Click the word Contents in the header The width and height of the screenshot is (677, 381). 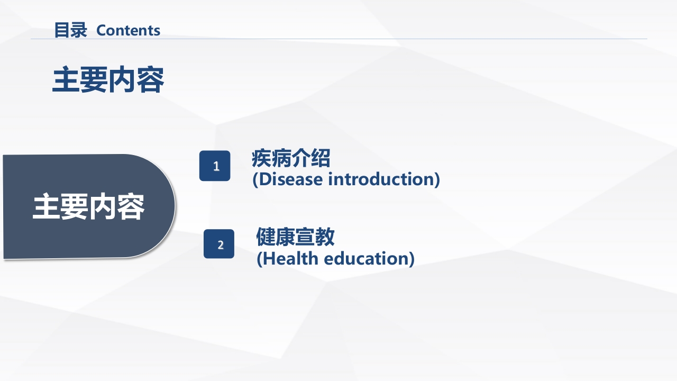pos(129,31)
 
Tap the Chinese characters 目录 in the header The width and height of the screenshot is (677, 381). pos(70,30)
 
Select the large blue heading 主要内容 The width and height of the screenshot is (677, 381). pos(108,80)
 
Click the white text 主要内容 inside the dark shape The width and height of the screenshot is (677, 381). pos(88,207)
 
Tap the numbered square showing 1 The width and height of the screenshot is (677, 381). pos(215,166)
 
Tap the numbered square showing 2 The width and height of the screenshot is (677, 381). pos(219,244)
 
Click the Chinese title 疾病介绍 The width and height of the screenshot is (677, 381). pos(291,158)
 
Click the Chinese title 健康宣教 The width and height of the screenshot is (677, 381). pos(295,237)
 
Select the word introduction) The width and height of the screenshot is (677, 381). pos(384,179)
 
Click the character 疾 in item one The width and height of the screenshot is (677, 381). pos(261,158)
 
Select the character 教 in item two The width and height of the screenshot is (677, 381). pos(325,237)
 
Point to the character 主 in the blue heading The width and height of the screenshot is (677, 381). pos(66,80)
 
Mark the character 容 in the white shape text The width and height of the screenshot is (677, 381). pos(131,207)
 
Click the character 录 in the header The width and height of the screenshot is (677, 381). pos(79,30)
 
